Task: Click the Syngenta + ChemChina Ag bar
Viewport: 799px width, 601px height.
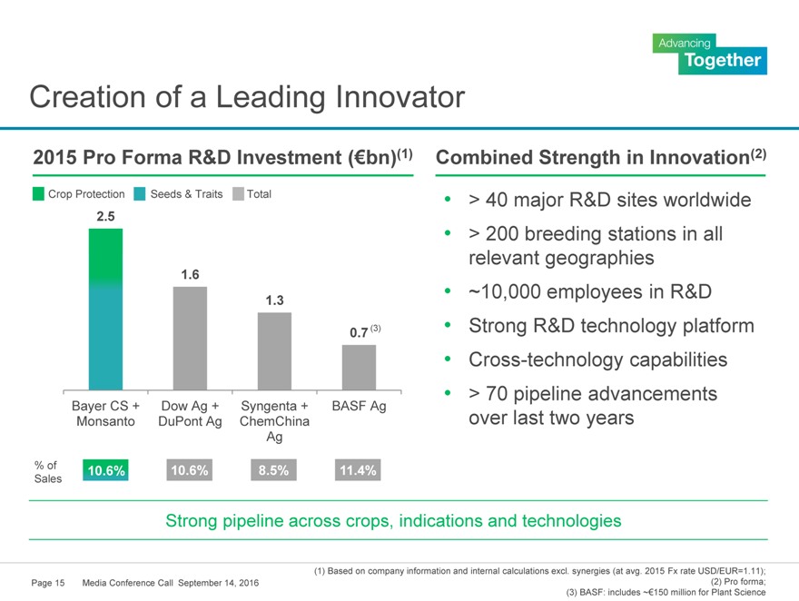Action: click(274, 350)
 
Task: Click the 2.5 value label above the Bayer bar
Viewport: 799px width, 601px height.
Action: click(105, 217)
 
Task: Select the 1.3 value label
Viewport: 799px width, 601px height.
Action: click(274, 300)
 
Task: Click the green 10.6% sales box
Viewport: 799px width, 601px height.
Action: click(104, 469)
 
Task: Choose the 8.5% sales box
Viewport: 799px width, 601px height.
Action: click(273, 469)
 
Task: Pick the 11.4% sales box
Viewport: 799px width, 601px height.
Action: click(358, 469)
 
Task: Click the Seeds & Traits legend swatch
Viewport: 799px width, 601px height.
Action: click(141, 193)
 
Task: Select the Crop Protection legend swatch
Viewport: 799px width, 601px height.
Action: click(39, 193)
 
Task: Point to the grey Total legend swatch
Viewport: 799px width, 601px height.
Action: click(239, 193)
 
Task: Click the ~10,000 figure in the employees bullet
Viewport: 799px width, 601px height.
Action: click(512, 291)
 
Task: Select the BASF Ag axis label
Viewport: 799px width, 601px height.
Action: click(359, 406)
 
